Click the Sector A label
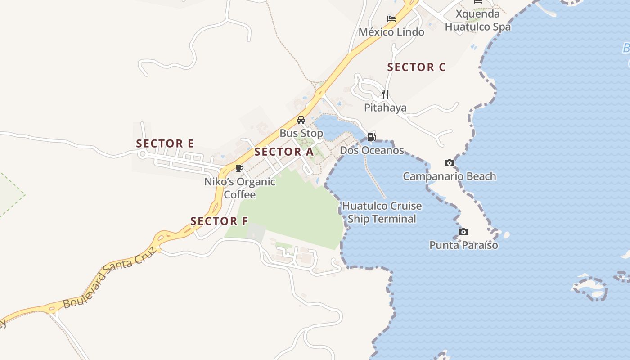283,152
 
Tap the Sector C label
416,67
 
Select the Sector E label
165,144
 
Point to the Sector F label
219,221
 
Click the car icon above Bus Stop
301,120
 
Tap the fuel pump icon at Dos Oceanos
371,137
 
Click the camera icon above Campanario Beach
449,163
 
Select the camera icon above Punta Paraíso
463,232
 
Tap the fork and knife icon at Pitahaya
385,94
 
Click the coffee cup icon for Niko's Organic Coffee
239,168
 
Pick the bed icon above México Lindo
391,19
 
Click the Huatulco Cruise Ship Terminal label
382,212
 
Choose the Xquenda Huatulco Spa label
478,20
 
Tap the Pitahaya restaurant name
385,108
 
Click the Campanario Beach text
449,176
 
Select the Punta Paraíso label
463,245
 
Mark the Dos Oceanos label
372,150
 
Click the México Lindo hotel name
391,32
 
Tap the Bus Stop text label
301,133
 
